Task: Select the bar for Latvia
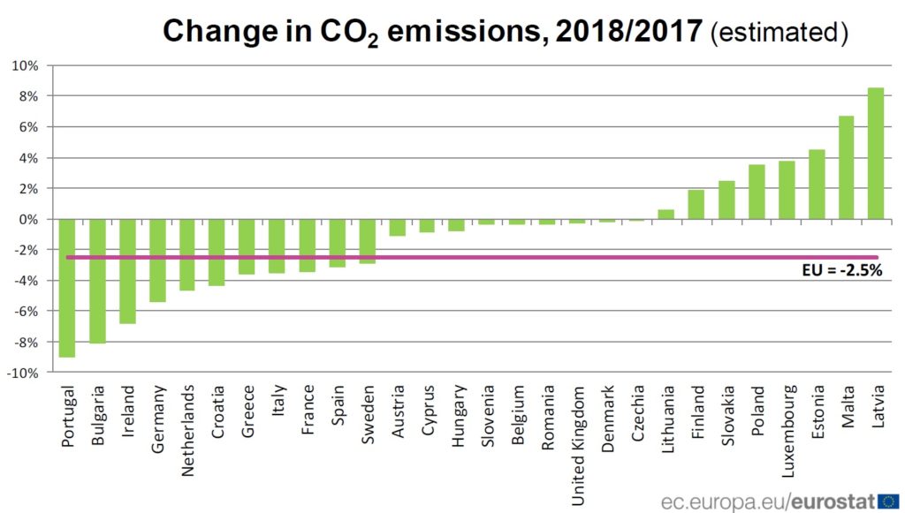pyautogui.click(x=876, y=154)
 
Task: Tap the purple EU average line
pyautogui.click(x=442, y=258)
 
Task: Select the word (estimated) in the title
pyautogui.click(x=780, y=32)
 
